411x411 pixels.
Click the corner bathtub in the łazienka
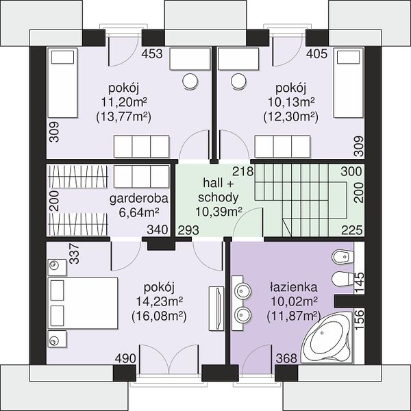click(x=326, y=338)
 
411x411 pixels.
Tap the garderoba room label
click(x=138, y=199)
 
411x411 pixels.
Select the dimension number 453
click(x=152, y=53)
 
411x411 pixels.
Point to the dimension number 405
click(x=317, y=53)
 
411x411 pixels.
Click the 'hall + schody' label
click(x=219, y=190)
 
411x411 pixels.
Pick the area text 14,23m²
click(x=159, y=301)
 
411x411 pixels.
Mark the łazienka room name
click(x=293, y=287)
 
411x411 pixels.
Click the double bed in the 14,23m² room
click(x=83, y=303)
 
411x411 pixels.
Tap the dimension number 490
click(x=125, y=358)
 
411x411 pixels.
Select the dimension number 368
click(x=286, y=358)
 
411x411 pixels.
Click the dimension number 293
click(x=188, y=230)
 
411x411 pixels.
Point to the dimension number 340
click(x=158, y=229)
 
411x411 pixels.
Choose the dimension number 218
click(x=243, y=171)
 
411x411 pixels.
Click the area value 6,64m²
click(x=139, y=212)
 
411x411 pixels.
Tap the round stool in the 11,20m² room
click(x=190, y=82)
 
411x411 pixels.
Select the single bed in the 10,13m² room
click(x=349, y=83)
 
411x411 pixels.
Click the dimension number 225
click(x=352, y=230)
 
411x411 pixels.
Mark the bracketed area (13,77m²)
click(x=124, y=117)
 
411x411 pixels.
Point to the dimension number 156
click(x=359, y=320)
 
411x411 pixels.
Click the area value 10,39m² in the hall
click(x=219, y=212)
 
